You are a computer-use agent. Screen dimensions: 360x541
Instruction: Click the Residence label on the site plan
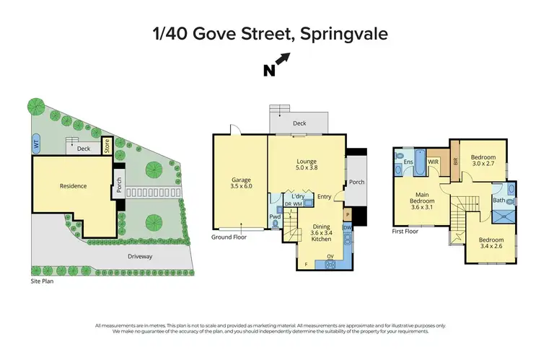point(73,186)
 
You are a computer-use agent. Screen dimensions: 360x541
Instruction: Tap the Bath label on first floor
point(498,200)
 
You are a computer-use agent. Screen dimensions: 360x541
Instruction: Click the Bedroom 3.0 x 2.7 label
point(483,161)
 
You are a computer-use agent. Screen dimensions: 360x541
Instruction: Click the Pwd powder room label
point(275,216)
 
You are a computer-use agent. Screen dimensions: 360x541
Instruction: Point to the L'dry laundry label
point(296,196)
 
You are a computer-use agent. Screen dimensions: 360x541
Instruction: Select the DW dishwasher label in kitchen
point(347,229)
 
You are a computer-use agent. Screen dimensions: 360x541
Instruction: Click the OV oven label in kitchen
point(330,256)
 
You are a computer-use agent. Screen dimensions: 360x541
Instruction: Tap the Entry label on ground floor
point(324,196)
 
